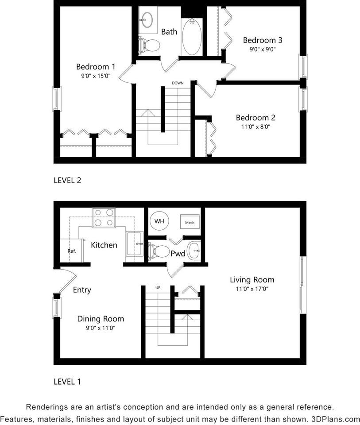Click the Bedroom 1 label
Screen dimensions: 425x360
tap(96, 67)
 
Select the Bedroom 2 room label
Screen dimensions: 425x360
tap(255, 118)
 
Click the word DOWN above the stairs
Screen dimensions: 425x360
tap(178, 83)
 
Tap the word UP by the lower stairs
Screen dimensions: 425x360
tap(158, 288)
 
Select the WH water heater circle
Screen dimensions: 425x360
tap(158, 220)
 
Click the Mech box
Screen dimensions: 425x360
tap(190, 222)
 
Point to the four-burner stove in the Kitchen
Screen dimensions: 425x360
tap(104, 217)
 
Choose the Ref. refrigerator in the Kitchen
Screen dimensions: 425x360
tap(72, 251)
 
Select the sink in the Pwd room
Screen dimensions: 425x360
tap(194, 251)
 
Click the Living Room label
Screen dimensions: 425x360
tap(252, 280)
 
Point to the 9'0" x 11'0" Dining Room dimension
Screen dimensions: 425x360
tap(101, 328)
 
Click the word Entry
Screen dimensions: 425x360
tap(82, 290)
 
